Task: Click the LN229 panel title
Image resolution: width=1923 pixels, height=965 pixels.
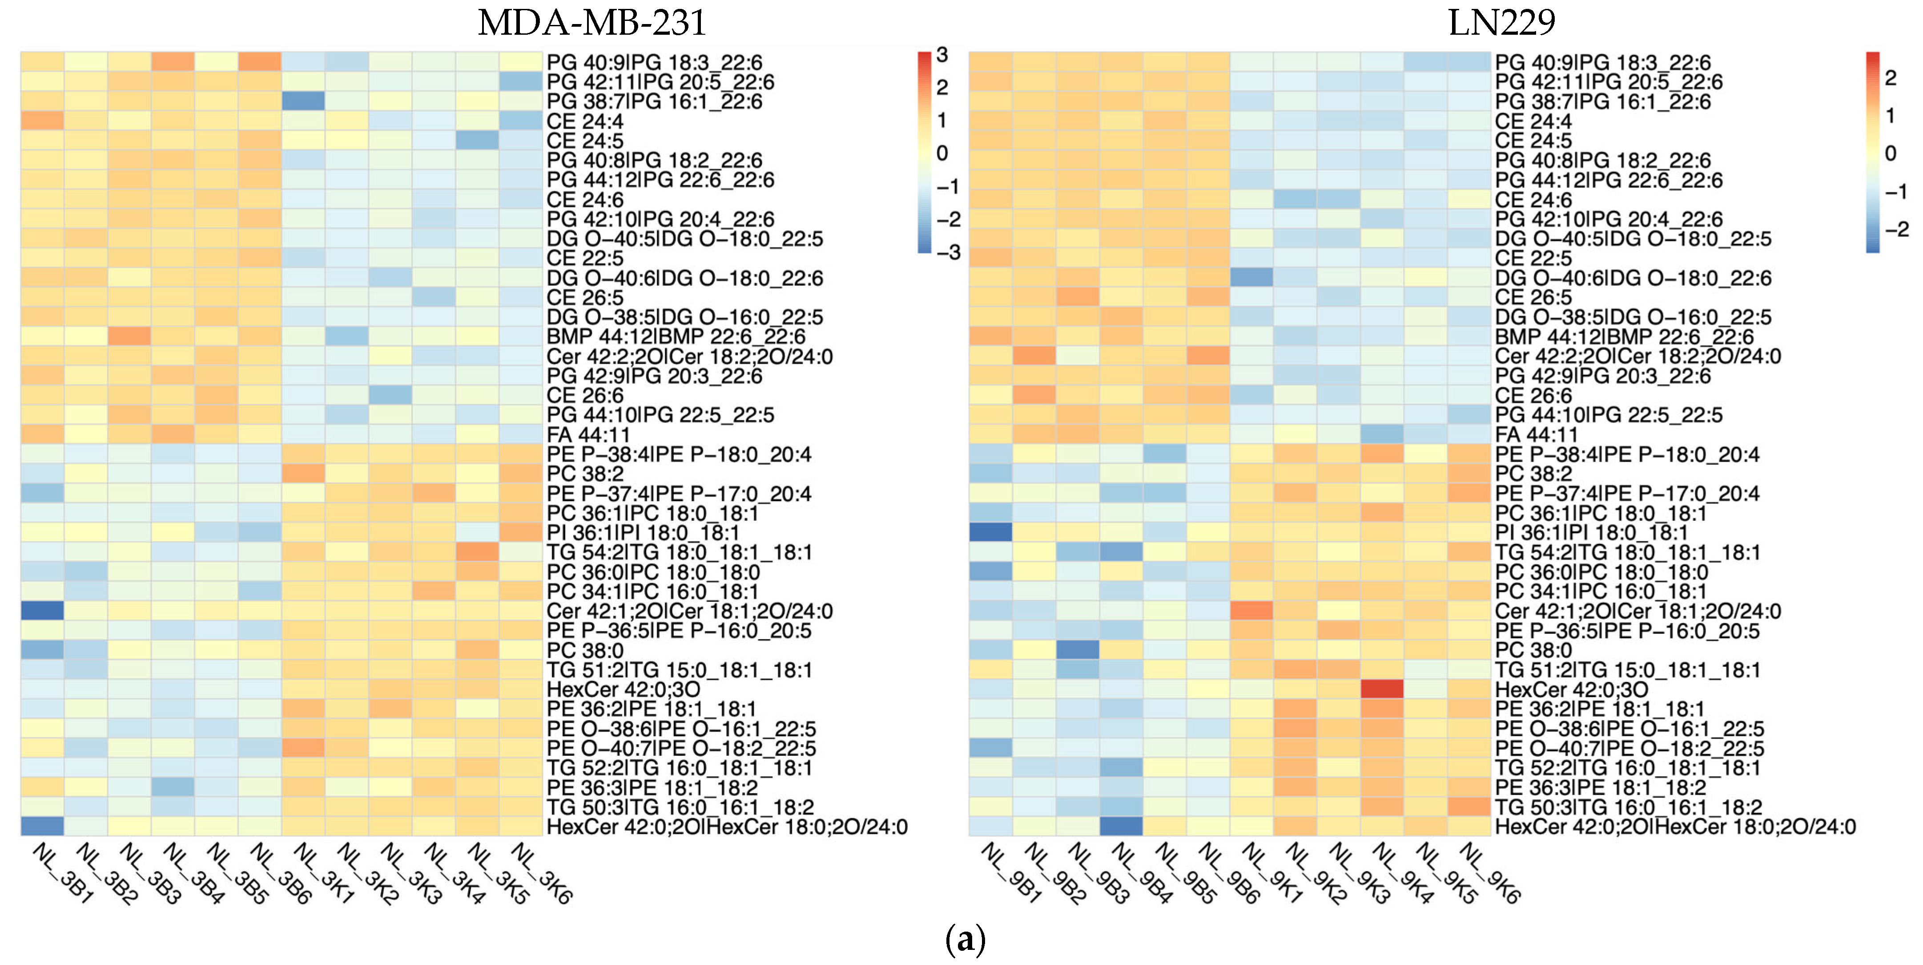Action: (x=1501, y=22)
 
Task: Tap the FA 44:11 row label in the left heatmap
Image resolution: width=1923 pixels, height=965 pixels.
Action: (x=588, y=435)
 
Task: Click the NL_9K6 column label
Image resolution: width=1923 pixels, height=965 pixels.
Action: (x=1489, y=872)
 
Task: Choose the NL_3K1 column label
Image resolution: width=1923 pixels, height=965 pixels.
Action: (x=323, y=872)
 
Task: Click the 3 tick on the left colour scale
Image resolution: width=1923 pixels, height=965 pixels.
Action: (x=942, y=54)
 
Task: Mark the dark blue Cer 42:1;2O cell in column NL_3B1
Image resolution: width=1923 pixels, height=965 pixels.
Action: (x=42, y=610)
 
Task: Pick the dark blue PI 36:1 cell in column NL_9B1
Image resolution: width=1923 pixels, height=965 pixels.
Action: (x=990, y=532)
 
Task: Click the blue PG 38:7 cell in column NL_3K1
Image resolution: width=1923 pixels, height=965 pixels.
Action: (x=303, y=101)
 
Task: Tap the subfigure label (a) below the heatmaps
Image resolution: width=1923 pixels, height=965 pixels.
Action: (x=965, y=939)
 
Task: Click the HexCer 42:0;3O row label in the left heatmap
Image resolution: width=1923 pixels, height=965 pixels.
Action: (x=624, y=689)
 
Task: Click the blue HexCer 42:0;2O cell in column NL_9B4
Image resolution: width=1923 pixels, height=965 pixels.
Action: (x=1121, y=826)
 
